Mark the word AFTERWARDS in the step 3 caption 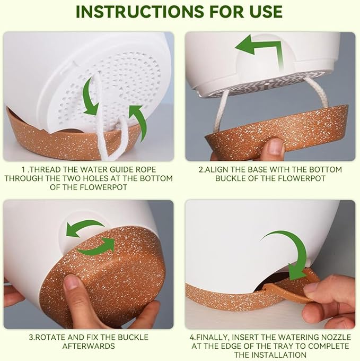[89, 345]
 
